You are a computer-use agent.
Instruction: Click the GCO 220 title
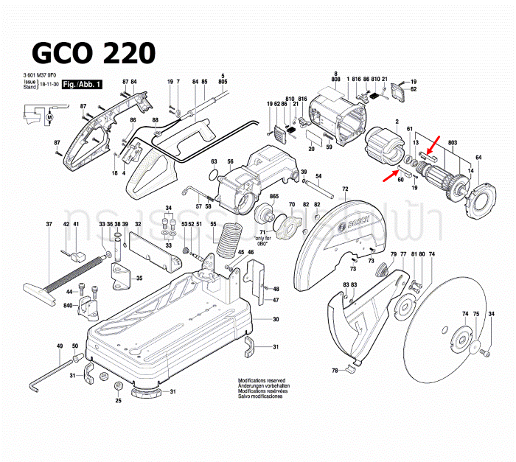coord(93,53)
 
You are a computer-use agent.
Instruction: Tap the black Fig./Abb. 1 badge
coord(83,86)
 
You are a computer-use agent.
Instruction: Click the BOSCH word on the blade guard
coord(346,217)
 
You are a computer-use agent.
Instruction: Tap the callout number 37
coord(49,224)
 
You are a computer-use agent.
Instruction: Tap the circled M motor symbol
coord(50,116)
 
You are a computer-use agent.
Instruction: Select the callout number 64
coord(478,158)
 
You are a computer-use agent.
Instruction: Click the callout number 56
coord(230,162)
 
